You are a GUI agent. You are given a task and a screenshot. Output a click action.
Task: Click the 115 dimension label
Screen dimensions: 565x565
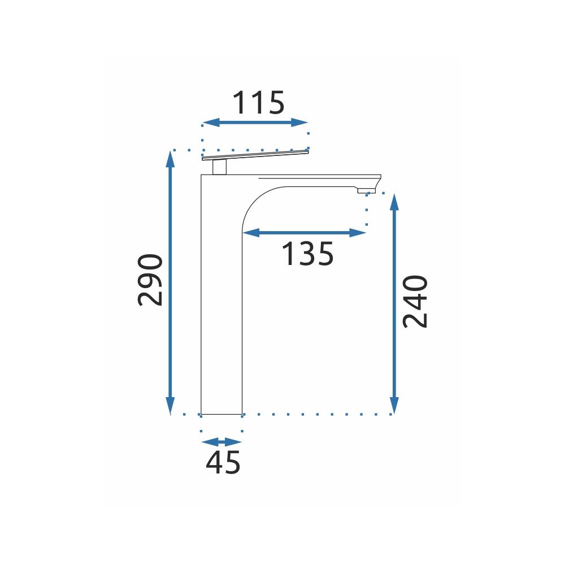click(x=259, y=103)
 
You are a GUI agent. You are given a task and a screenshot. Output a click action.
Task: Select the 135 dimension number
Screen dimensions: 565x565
click(x=308, y=254)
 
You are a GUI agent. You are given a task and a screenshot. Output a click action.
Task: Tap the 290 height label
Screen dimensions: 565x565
click(x=150, y=280)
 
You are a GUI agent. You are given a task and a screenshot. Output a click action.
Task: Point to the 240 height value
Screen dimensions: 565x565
click(x=415, y=301)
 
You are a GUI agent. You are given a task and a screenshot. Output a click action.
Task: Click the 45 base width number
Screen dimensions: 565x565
click(x=223, y=462)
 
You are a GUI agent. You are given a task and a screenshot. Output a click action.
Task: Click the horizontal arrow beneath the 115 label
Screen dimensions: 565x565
click(x=255, y=123)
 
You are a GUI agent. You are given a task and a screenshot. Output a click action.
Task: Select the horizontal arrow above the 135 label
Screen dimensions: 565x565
click(x=305, y=233)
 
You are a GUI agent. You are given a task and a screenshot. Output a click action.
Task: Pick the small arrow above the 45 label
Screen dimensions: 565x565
click(x=221, y=442)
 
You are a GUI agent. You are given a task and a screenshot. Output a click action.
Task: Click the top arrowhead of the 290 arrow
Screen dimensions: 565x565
click(x=171, y=159)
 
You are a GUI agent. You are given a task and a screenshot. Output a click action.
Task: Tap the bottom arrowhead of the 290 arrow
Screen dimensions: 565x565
click(x=171, y=406)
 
